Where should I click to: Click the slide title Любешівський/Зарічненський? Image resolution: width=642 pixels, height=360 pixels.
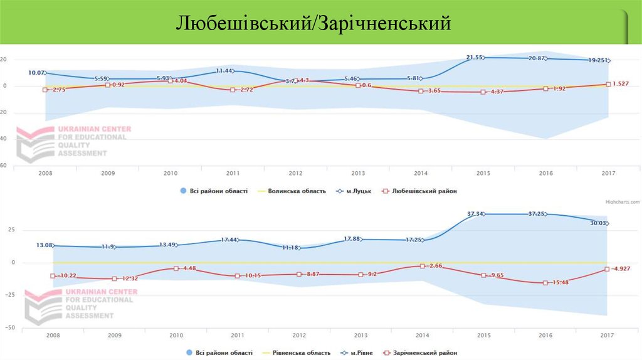click(x=313, y=24)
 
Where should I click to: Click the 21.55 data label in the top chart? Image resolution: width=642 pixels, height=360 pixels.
click(x=475, y=58)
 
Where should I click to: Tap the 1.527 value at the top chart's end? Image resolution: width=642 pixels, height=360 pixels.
click(x=621, y=83)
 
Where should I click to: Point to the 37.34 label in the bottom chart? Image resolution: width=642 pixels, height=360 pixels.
click(x=476, y=214)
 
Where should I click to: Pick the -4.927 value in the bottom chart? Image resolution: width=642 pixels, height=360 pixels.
click(x=621, y=268)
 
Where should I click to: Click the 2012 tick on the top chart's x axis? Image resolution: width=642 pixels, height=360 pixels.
click(x=296, y=172)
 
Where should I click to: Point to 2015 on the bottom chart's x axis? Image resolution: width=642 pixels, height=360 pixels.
click(x=483, y=335)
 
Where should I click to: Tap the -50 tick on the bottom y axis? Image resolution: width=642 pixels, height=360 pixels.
click(x=11, y=327)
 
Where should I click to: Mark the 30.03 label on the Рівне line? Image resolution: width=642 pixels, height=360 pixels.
click(x=598, y=223)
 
